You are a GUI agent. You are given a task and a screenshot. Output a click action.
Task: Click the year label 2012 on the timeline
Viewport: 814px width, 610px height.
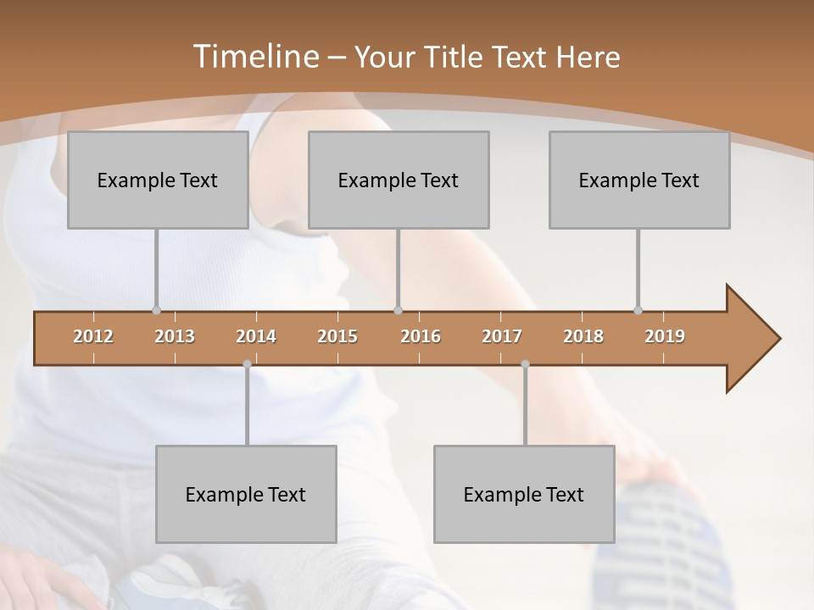tap(93, 336)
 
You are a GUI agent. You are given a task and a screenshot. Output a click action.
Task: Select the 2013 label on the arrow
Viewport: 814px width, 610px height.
tap(175, 336)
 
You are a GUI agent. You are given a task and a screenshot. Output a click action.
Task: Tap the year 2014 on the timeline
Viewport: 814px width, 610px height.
tap(256, 336)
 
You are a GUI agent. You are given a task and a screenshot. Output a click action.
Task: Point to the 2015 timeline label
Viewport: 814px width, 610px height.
tap(337, 336)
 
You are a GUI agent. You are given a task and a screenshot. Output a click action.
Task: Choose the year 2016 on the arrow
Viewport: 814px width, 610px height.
tap(421, 336)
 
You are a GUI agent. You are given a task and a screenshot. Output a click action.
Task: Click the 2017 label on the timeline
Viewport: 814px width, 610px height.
tap(502, 336)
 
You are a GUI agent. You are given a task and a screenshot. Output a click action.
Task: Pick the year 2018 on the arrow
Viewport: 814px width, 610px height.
tap(583, 336)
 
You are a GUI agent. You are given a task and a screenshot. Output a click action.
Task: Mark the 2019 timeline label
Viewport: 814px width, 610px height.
tap(665, 336)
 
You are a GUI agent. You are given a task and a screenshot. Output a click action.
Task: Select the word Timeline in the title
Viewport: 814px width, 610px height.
tap(254, 57)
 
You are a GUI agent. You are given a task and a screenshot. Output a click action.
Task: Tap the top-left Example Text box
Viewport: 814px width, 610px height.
tap(158, 180)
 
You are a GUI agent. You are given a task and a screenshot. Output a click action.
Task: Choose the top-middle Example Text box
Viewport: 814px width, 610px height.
tap(399, 180)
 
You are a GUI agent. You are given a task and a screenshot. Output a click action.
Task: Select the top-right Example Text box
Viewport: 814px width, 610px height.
tap(639, 180)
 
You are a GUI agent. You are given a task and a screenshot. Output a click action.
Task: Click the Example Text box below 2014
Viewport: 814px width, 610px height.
tap(246, 494)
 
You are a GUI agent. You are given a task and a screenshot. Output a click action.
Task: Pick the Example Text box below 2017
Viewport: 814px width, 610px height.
tap(524, 494)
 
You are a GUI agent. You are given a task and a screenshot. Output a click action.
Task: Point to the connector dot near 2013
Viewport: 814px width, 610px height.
tap(156, 310)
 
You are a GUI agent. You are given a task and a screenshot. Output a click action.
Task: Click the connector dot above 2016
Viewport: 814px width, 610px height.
tap(399, 310)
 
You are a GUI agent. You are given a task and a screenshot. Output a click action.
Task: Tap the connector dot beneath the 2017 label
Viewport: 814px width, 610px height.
tap(525, 364)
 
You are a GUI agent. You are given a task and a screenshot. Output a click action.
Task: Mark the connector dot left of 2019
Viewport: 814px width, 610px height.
tap(638, 310)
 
